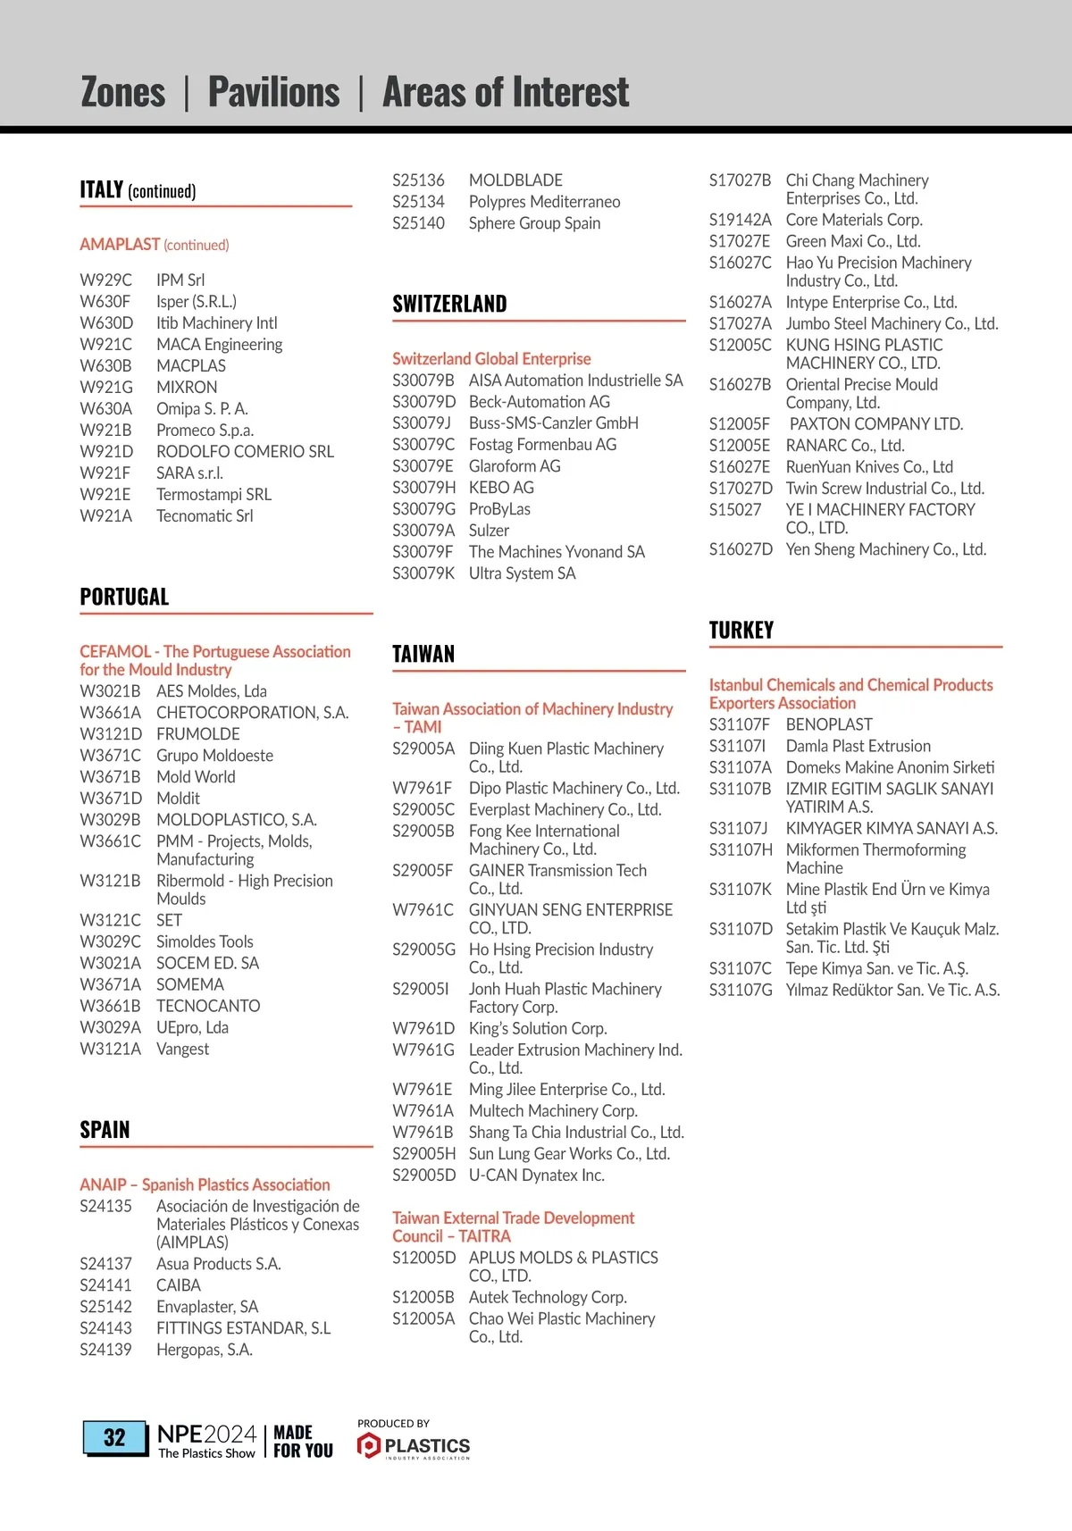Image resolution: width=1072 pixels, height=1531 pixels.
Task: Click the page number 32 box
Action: coord(115,1437)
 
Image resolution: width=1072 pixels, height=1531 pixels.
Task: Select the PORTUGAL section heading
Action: coord(124,597)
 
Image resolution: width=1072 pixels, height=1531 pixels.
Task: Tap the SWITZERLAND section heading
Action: coord(449,304)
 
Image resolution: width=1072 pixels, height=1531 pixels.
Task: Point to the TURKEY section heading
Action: coord(741,630)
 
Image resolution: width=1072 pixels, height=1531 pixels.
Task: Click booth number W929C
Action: coord(105,280)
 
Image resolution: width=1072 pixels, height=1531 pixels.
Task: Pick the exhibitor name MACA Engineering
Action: coord(219,344)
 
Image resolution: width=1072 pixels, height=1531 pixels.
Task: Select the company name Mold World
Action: coord(196,776)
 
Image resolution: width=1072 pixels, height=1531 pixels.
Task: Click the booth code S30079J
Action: coord(421,422)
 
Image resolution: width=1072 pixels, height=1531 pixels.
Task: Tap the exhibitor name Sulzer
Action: coord(489,530)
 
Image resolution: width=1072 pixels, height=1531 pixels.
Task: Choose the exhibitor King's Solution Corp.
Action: coord(537,1028)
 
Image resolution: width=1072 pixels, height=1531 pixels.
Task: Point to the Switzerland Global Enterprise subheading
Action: coord(491,358)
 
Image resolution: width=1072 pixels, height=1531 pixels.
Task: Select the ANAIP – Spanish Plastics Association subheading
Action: coord(205,1184)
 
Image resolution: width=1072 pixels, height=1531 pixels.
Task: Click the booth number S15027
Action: coord(734,509)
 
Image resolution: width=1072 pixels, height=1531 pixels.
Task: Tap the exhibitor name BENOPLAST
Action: coord(828,724)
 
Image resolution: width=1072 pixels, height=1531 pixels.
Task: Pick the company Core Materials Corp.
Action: coord(853,220)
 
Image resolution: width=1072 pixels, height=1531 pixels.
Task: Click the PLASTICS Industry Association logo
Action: coord(414,1444)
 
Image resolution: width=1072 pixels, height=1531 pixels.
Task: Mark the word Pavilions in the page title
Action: coord(273,92)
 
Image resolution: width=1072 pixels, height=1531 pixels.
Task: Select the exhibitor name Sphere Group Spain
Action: coord(534,223)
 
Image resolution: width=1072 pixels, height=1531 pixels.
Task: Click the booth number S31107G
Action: coord(740,990)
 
